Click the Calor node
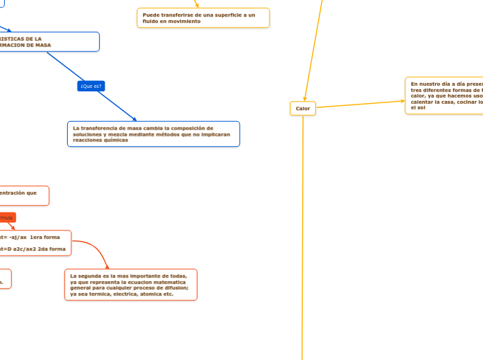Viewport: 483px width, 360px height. (303, 108)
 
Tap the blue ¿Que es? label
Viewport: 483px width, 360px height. (91, 86)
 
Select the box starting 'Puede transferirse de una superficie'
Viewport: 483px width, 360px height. (203, 18)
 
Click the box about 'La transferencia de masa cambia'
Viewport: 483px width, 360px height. (153, 134)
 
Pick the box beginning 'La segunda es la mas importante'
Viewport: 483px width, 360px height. (130, 285)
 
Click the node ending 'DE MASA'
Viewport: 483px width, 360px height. (49, 42)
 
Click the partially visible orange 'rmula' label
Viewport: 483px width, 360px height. (6, 217)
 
